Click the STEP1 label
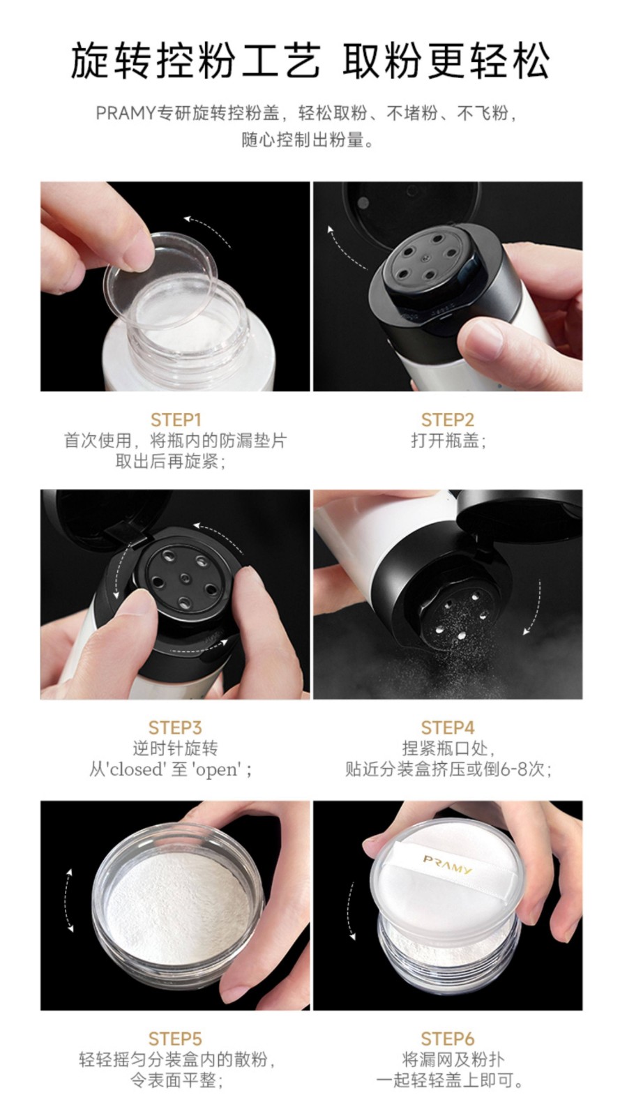[x=175, y=420]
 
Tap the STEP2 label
[x=447, y=420]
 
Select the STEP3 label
[x=175, y=727]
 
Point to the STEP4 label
[x=447, y=727]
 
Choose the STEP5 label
[x=175, y=1039]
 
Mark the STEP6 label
[x=447, y=1039]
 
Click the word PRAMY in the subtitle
[x=126, y=114]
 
